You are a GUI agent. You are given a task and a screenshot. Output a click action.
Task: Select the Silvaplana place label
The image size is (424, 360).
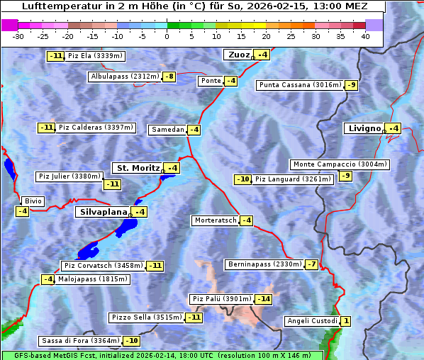click(x=103, y=212)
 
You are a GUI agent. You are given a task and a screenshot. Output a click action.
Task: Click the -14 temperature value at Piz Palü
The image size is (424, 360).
click(x=264, y=299)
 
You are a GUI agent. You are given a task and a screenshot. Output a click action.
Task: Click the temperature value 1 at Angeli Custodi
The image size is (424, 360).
click(x=345, y=321)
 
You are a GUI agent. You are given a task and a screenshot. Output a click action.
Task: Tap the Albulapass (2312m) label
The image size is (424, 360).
click(x=125, y=77)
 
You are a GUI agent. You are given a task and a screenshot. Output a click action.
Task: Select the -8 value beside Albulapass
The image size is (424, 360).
click(x=169, y=77)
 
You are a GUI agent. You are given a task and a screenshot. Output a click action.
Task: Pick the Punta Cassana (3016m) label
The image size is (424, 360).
click(x=299, y=85)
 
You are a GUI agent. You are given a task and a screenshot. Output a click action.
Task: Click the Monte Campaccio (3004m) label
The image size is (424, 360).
click(x=340, y=164)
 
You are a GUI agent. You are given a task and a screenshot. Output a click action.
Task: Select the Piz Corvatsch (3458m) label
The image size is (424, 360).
click(x=103, y=266)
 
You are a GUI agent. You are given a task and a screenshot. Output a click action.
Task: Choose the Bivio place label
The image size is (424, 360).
click(x=33, y=201)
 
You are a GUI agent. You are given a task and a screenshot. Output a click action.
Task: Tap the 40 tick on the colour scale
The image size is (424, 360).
click(x=365, y=36)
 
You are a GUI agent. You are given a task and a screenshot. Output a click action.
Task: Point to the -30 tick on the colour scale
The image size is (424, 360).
click(x=18, y=36)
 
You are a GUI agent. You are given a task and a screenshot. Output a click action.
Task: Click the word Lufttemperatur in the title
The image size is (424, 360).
click(x=54, y=6)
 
